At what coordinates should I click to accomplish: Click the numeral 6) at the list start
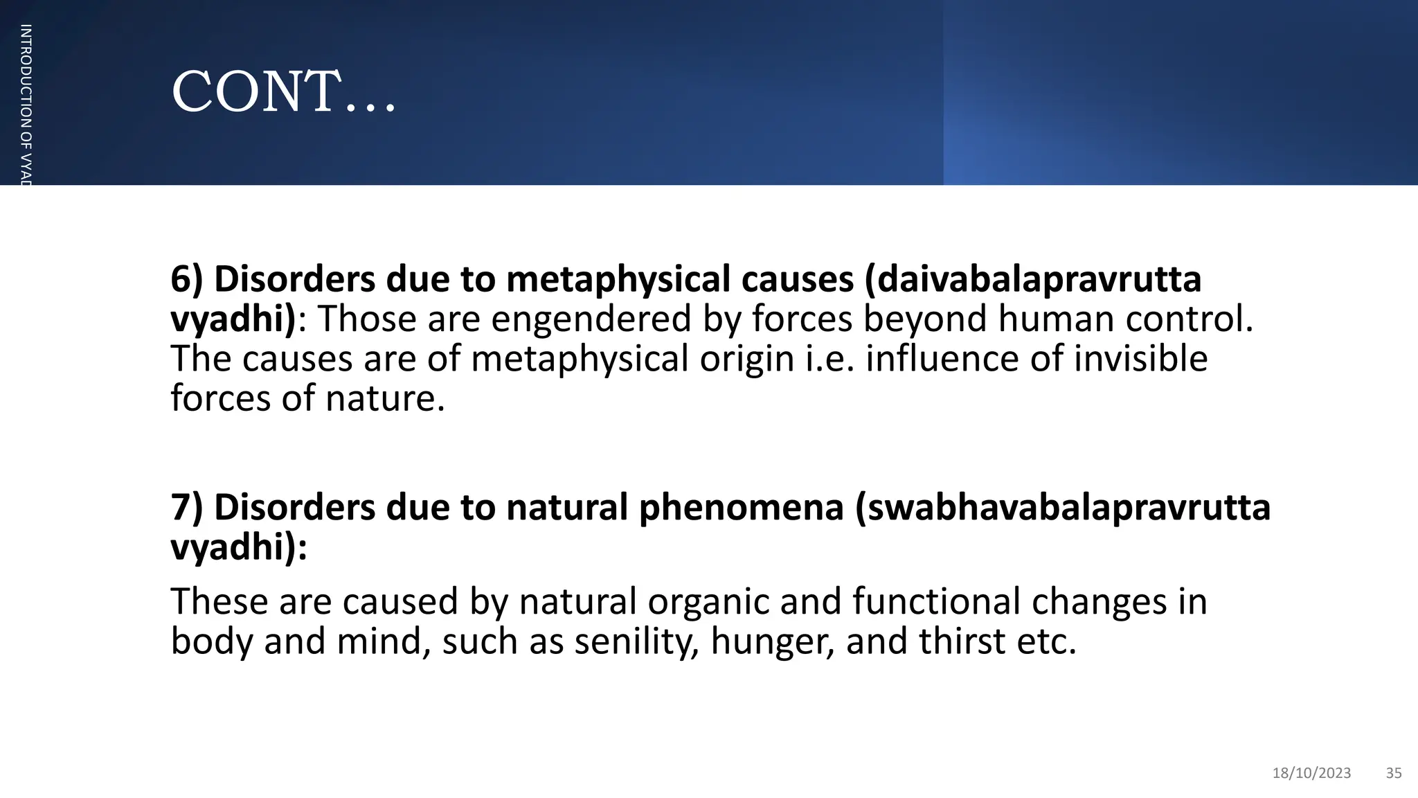pos(186,279)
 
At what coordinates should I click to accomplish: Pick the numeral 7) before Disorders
pos(186,507)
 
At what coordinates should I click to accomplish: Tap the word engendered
pos(592,319)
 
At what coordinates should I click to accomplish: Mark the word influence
pos(942,359)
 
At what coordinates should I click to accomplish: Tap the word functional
pos(935,601)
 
